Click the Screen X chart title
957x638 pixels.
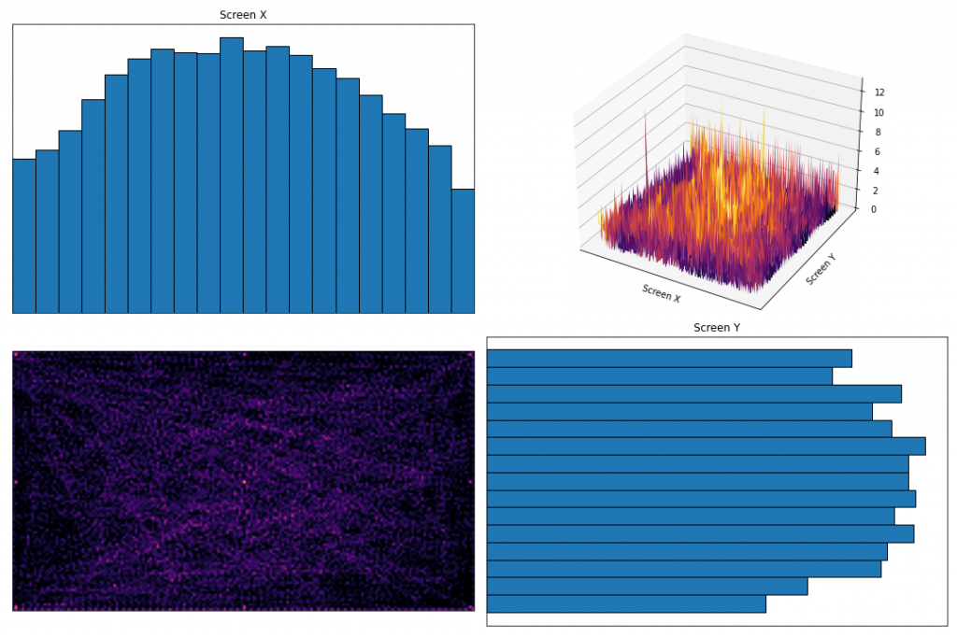tap(243, 15)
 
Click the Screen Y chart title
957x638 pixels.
tap(717, 328)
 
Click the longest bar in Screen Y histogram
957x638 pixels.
tap(706, 446)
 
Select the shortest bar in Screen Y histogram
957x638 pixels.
tap(626, 603)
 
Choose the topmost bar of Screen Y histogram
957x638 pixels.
tap(669, 358)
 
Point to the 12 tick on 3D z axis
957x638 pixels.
tap(879, 92)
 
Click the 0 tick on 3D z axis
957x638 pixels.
tap(873, 209)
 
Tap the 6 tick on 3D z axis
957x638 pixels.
tap(876, 151)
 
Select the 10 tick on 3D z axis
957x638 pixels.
tap(878, 112)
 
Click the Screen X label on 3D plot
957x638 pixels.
tap(662, 293)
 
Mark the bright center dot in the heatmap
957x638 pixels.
tap(244, 481)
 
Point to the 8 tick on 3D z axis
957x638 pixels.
tap(877, 132)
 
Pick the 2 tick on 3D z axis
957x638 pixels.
tap(874, 191)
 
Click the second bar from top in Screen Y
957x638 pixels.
tap(659, 376)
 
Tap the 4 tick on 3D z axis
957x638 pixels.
tap(875, 171)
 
